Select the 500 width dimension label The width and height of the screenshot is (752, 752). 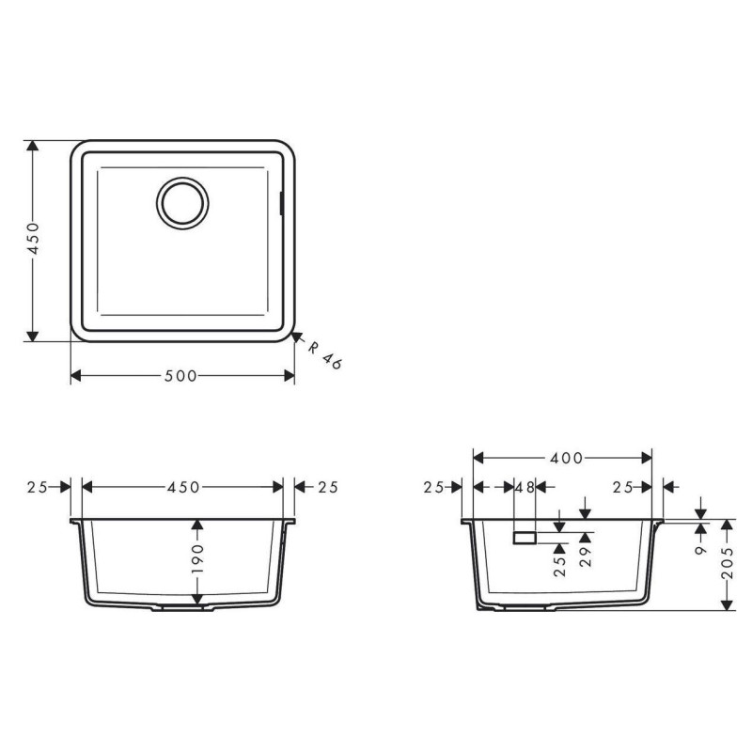pos(180,376)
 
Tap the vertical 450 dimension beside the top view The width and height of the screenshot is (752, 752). pos(32,243)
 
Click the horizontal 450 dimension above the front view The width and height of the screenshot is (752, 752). pos(183,487)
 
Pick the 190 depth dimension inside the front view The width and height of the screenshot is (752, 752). pos(197,561)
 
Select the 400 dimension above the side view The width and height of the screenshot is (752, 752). pos(564,458)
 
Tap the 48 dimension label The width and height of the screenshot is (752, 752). pos(525,487)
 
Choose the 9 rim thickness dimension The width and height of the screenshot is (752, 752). pos(701,546)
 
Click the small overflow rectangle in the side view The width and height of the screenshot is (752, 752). pos(524,538)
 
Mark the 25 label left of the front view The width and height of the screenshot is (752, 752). pos(38,487)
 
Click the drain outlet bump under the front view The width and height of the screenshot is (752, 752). pos(183,609)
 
